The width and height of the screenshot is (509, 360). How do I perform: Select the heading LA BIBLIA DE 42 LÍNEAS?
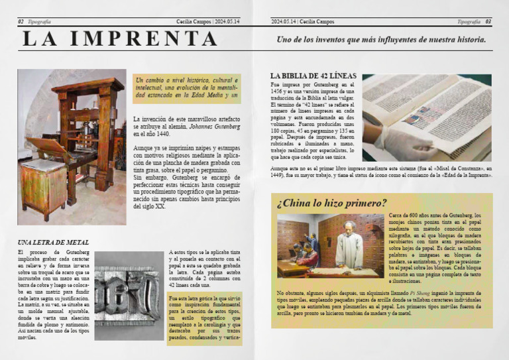tap(313, 76)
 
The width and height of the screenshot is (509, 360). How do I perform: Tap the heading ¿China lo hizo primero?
tap(331, 203)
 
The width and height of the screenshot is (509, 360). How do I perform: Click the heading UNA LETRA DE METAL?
tap(53, 243)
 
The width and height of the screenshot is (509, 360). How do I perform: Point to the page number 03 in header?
tap(488, 22)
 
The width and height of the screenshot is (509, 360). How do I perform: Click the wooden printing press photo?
tap(71, 147)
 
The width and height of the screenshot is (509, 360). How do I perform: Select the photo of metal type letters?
tap(128, 296)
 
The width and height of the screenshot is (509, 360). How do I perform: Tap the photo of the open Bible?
tap(426, 117)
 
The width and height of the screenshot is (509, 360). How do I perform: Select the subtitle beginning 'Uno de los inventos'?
tap(380, 40)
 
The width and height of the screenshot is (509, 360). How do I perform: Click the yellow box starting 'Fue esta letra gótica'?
tap(204, 320)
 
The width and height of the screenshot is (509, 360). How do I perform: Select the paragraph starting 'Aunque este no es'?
tap(381, 172)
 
